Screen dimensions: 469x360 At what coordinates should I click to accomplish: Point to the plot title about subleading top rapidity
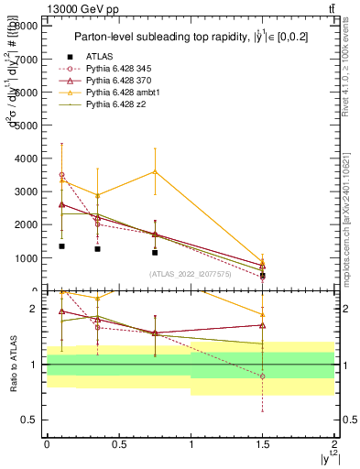(x=188, y=37)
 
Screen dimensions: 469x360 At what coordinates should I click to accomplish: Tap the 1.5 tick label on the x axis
(x=263, y=442)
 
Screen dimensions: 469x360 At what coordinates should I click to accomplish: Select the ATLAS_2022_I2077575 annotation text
(x=190, y=274)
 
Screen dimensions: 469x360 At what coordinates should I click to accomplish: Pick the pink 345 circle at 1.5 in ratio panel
(x=263, y=376)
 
